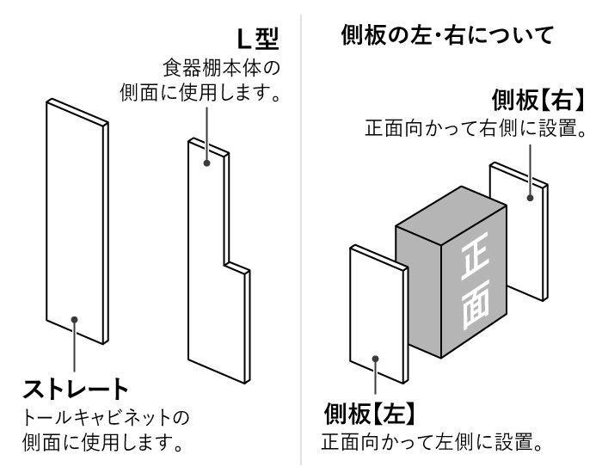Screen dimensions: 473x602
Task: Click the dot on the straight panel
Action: click(76, 319)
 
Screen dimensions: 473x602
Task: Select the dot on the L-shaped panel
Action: click(206, 163)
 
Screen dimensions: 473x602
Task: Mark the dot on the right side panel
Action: click(531, 198)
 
